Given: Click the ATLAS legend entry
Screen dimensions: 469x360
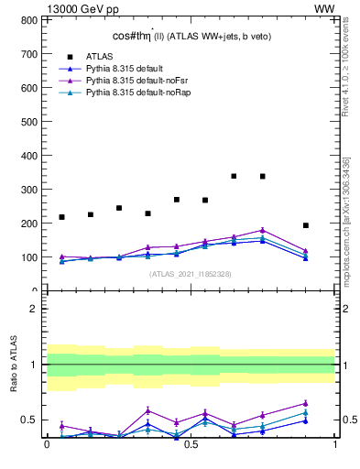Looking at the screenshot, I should coord(100,56).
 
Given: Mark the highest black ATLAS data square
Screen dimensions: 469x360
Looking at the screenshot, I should coord(235,176).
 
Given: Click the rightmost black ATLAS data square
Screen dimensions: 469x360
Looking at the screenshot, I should coord(306,225).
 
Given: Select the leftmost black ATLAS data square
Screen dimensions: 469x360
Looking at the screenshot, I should coord(61,217).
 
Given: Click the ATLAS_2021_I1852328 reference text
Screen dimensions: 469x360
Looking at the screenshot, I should coord(191,274).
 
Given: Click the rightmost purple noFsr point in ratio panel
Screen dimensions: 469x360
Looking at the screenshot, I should coord(306,403).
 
